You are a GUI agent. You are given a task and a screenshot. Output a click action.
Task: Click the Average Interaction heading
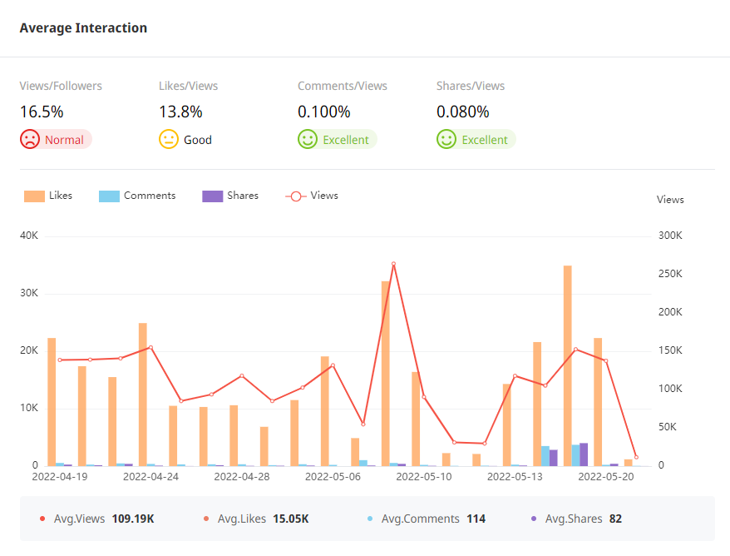[x=83, y=28]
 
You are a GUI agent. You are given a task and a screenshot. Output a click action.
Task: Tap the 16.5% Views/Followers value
[x=42, y=112]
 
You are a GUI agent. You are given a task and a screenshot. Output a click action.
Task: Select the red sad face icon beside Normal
[x=30, y=140]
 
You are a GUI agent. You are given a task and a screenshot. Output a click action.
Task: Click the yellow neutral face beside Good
[x=169, y=140]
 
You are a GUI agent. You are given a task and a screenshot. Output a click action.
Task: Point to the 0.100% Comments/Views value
[x=324, y=112]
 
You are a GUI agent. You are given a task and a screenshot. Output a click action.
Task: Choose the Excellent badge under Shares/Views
[x=476, y=140]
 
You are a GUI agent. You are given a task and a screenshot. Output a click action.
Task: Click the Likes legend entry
[x=48, y=196]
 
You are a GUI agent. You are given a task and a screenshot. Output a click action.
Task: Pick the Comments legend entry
[x=137, y=196]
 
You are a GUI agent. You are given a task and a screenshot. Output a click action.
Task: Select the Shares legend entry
[x=230, y=196]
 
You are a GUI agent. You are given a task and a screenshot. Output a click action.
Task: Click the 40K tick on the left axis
[x=29, y=236]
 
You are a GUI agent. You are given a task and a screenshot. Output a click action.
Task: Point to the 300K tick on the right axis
[x=670, y=236]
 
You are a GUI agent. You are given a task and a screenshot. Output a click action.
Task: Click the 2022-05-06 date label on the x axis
[x=333, y=477]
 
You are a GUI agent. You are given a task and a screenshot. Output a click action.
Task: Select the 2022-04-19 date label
[x=60, y=477]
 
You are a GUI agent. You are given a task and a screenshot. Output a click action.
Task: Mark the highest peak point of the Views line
[x=393, y=264]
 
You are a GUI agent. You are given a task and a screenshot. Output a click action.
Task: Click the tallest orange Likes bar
[x=568, y=366]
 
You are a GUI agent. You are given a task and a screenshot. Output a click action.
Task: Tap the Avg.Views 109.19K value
[x=133, y=519]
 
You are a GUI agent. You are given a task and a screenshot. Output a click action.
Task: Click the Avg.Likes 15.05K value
[x=291, y=519]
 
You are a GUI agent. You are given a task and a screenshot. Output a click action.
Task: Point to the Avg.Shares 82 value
[x=615, y=519]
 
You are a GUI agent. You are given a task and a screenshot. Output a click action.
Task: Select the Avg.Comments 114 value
[x=476, y=519]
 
